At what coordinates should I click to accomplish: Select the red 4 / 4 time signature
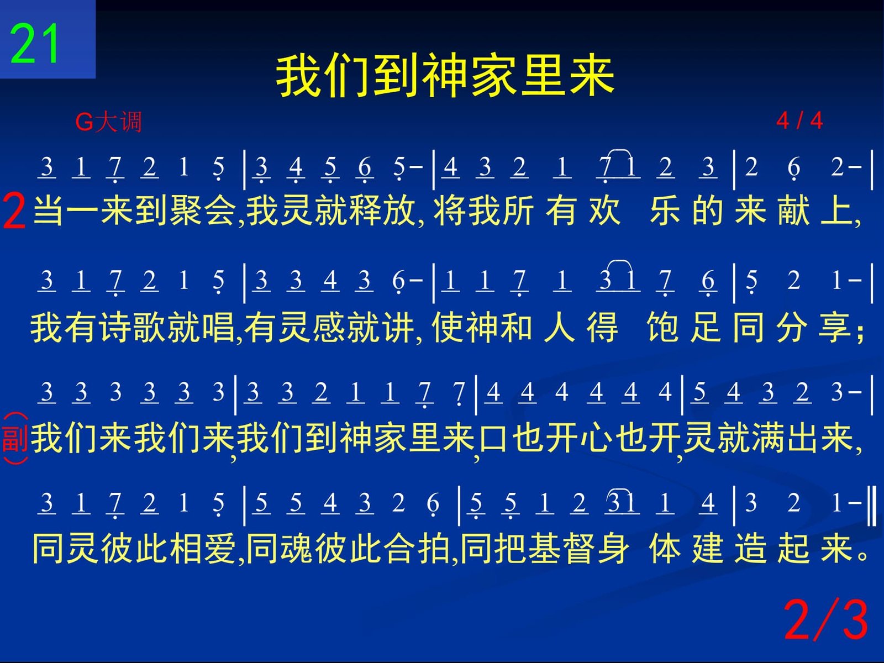(x=799, y=120)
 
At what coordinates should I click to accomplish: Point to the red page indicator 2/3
(x=826, y=619)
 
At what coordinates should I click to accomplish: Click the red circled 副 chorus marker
(x=15, y=438)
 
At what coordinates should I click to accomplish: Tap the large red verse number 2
(x=14, y=211)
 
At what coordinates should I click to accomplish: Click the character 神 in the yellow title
(x=445, y=76)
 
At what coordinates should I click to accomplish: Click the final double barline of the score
(x=872, y=506)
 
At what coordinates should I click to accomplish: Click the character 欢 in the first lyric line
(x=604, y=211)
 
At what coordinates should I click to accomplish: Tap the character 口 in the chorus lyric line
(x=493, y=438)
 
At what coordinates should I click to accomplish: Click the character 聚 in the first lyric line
(x=185, y=211)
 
